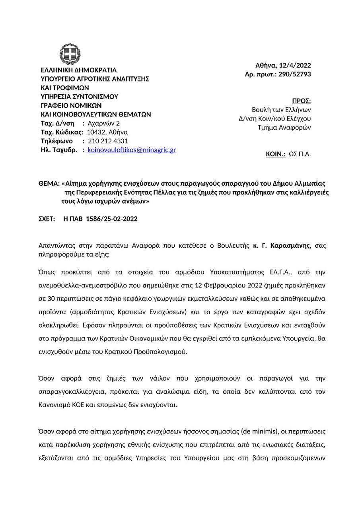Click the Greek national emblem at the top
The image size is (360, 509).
tap(70, 54)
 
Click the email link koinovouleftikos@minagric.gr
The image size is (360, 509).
tap(132, 150)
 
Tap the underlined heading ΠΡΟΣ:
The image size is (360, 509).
tap(302, 101)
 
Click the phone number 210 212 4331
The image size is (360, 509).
tap(108, 141)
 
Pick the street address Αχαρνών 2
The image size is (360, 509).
tap(103, 123)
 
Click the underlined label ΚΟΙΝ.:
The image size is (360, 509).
tap(276, 154)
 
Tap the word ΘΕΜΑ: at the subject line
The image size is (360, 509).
tap(49, 184)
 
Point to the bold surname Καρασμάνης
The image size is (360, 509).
tap(290, 245)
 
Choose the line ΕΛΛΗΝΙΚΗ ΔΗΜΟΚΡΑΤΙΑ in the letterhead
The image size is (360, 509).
tap(79, 70)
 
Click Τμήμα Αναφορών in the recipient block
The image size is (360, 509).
tap(284, 128)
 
